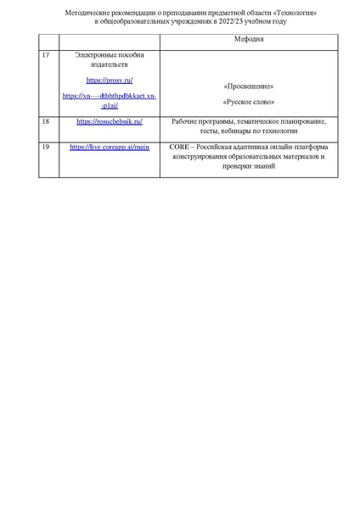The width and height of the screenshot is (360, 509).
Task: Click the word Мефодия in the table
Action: [x=249, y=40]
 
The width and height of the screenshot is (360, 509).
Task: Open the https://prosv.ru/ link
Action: [x=110, y=80]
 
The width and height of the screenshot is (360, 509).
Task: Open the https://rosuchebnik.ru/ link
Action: [x=110, y=121]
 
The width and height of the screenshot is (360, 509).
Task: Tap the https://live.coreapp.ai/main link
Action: [x=110, y=147]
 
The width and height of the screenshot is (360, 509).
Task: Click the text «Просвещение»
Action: [x=249, y=87]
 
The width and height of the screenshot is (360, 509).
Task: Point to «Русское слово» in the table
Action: [x=249, y=102]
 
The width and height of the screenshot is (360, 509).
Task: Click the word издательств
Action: [x=110, y=64]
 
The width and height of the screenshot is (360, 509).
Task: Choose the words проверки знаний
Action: [x=249, y=166]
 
